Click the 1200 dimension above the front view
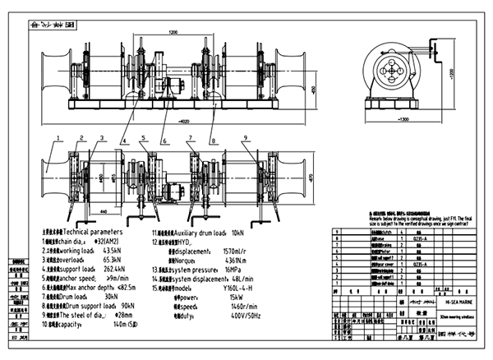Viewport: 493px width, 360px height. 173,32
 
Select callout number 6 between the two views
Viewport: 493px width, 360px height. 164,136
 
